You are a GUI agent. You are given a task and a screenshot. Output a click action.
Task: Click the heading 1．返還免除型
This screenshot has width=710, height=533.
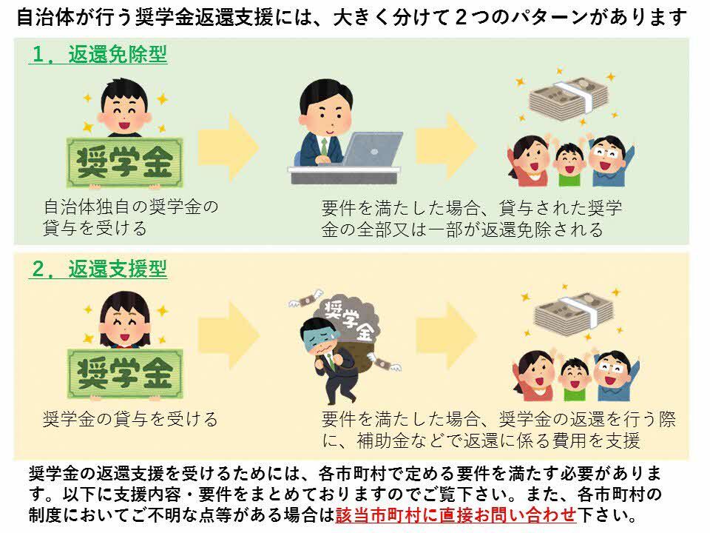(98, 55)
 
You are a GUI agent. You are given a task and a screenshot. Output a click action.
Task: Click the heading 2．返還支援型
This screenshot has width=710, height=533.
(98, 269)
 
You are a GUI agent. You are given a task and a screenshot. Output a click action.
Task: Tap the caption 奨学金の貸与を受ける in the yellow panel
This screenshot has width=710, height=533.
(131, 420)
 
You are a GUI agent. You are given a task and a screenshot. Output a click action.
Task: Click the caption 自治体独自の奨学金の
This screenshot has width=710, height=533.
(131, 207)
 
